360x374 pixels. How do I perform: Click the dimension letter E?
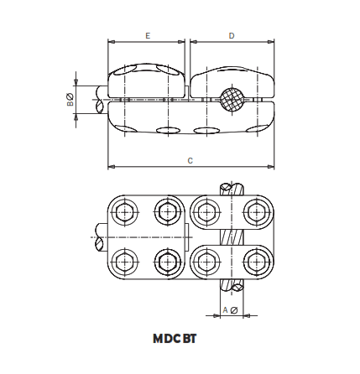click(147, 36)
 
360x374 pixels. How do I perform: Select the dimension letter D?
click(232, 36)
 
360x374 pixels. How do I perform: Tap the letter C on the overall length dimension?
click(190, 159)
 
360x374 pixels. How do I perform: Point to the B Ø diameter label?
click(70, 99)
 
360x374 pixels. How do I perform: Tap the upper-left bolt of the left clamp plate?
click(125, 212)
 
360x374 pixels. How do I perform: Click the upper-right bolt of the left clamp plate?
click(164, 212)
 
